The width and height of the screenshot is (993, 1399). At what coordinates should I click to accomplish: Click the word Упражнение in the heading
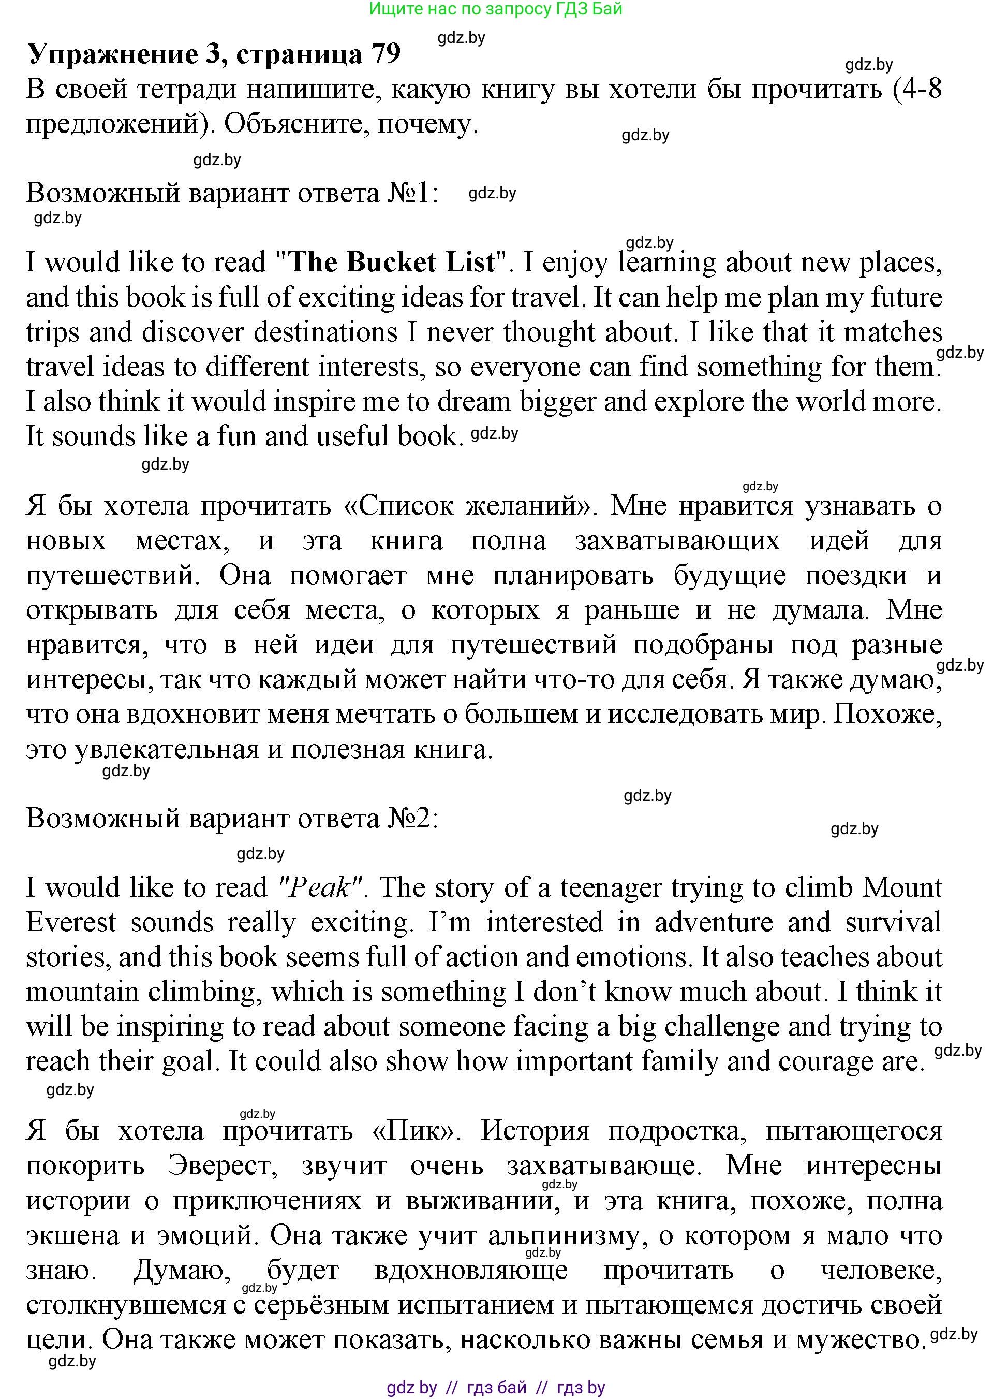click(112, 55)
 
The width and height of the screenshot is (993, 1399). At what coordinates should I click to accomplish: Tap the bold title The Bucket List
click(391, 263)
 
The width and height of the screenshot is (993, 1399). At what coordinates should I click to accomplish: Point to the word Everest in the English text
click(71, 923)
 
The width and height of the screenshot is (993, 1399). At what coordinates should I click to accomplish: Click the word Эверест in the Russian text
click(223, 1167)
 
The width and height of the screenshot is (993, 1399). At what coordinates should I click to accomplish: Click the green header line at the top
click(496, 9)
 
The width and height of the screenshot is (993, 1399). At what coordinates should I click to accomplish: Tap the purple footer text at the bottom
click(496, 1388)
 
